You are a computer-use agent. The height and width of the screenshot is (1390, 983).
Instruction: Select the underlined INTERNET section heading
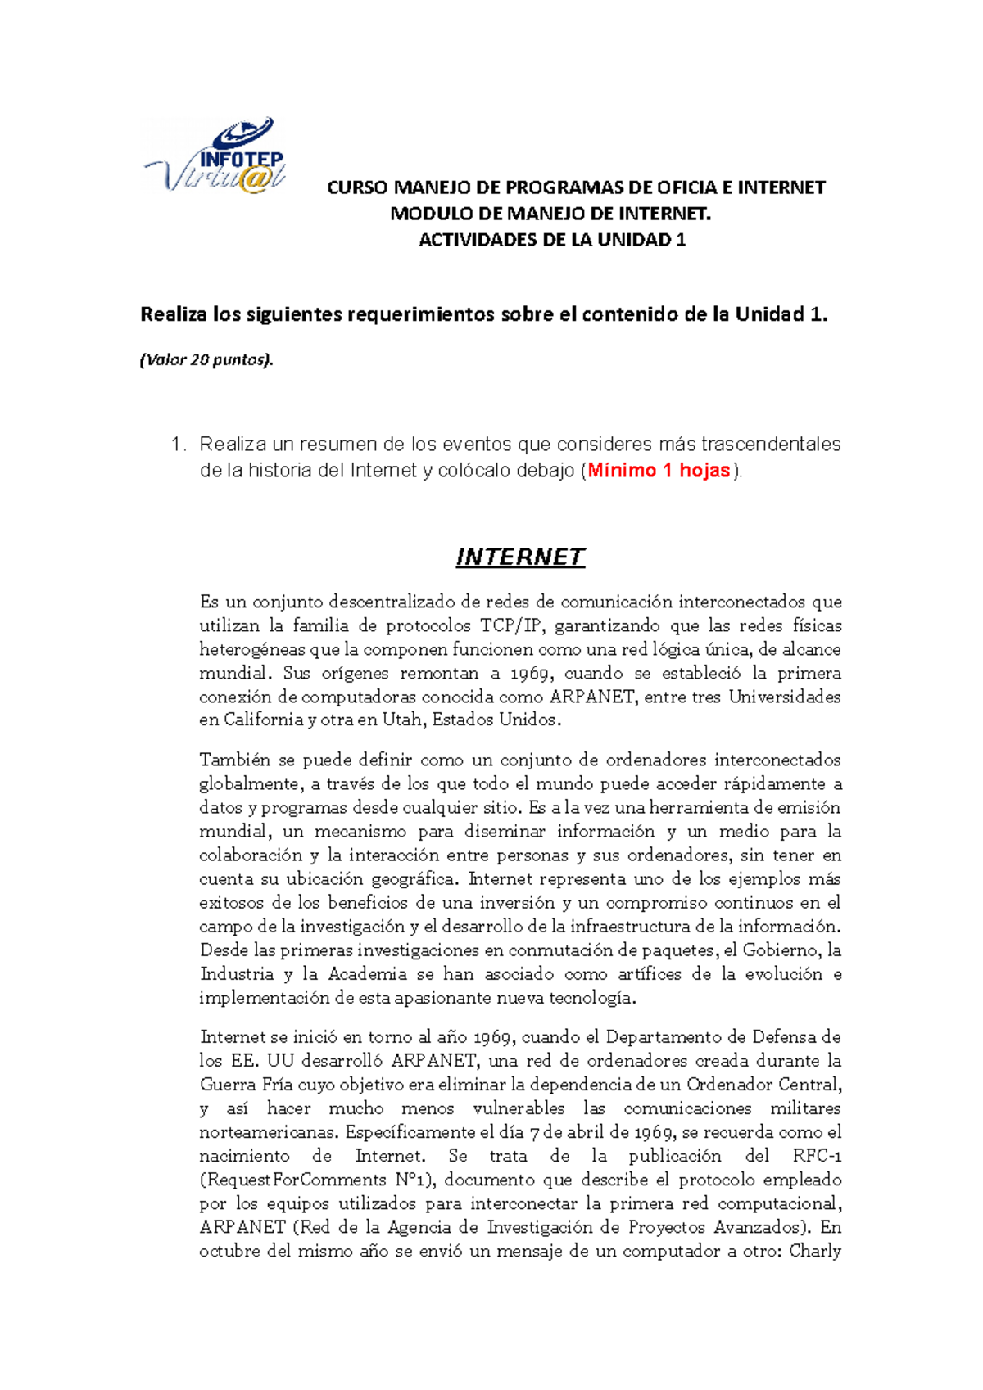tap(520, 557)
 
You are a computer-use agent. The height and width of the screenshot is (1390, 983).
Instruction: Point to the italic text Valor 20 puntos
tap(206, 359)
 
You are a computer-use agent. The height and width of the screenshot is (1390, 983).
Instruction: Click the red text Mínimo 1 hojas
tap(659, 471)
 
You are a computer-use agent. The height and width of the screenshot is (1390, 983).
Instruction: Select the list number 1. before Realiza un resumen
tap(178, 445)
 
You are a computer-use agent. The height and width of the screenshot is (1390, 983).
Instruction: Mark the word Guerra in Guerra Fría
tap(227, 1085)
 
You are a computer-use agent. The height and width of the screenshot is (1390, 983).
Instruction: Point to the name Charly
tap(814, 1251)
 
